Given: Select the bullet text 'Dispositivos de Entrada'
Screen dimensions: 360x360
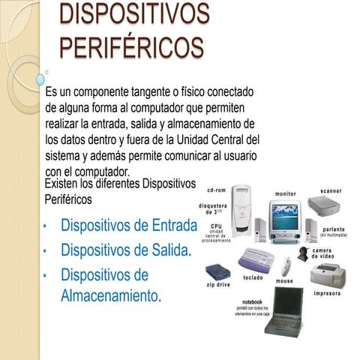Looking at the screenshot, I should [x=128, y=226].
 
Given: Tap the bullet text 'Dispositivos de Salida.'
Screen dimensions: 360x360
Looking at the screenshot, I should [x=125, y=250].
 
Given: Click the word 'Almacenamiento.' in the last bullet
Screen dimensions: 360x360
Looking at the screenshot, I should [x=110, y=295].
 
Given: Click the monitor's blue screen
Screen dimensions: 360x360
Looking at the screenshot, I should [x=285, y=218].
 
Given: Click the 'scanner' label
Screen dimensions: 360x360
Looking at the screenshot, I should [x=331, y=191].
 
